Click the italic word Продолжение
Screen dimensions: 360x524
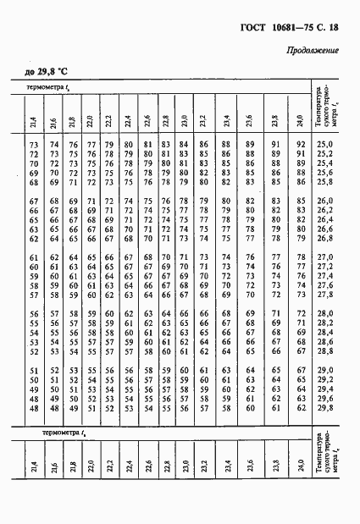(x=313, y=51)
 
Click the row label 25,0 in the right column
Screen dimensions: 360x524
(x=324, y=146)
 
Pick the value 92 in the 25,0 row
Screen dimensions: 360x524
(x=300, y=146)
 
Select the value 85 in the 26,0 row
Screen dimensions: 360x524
(x=300, y=200)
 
